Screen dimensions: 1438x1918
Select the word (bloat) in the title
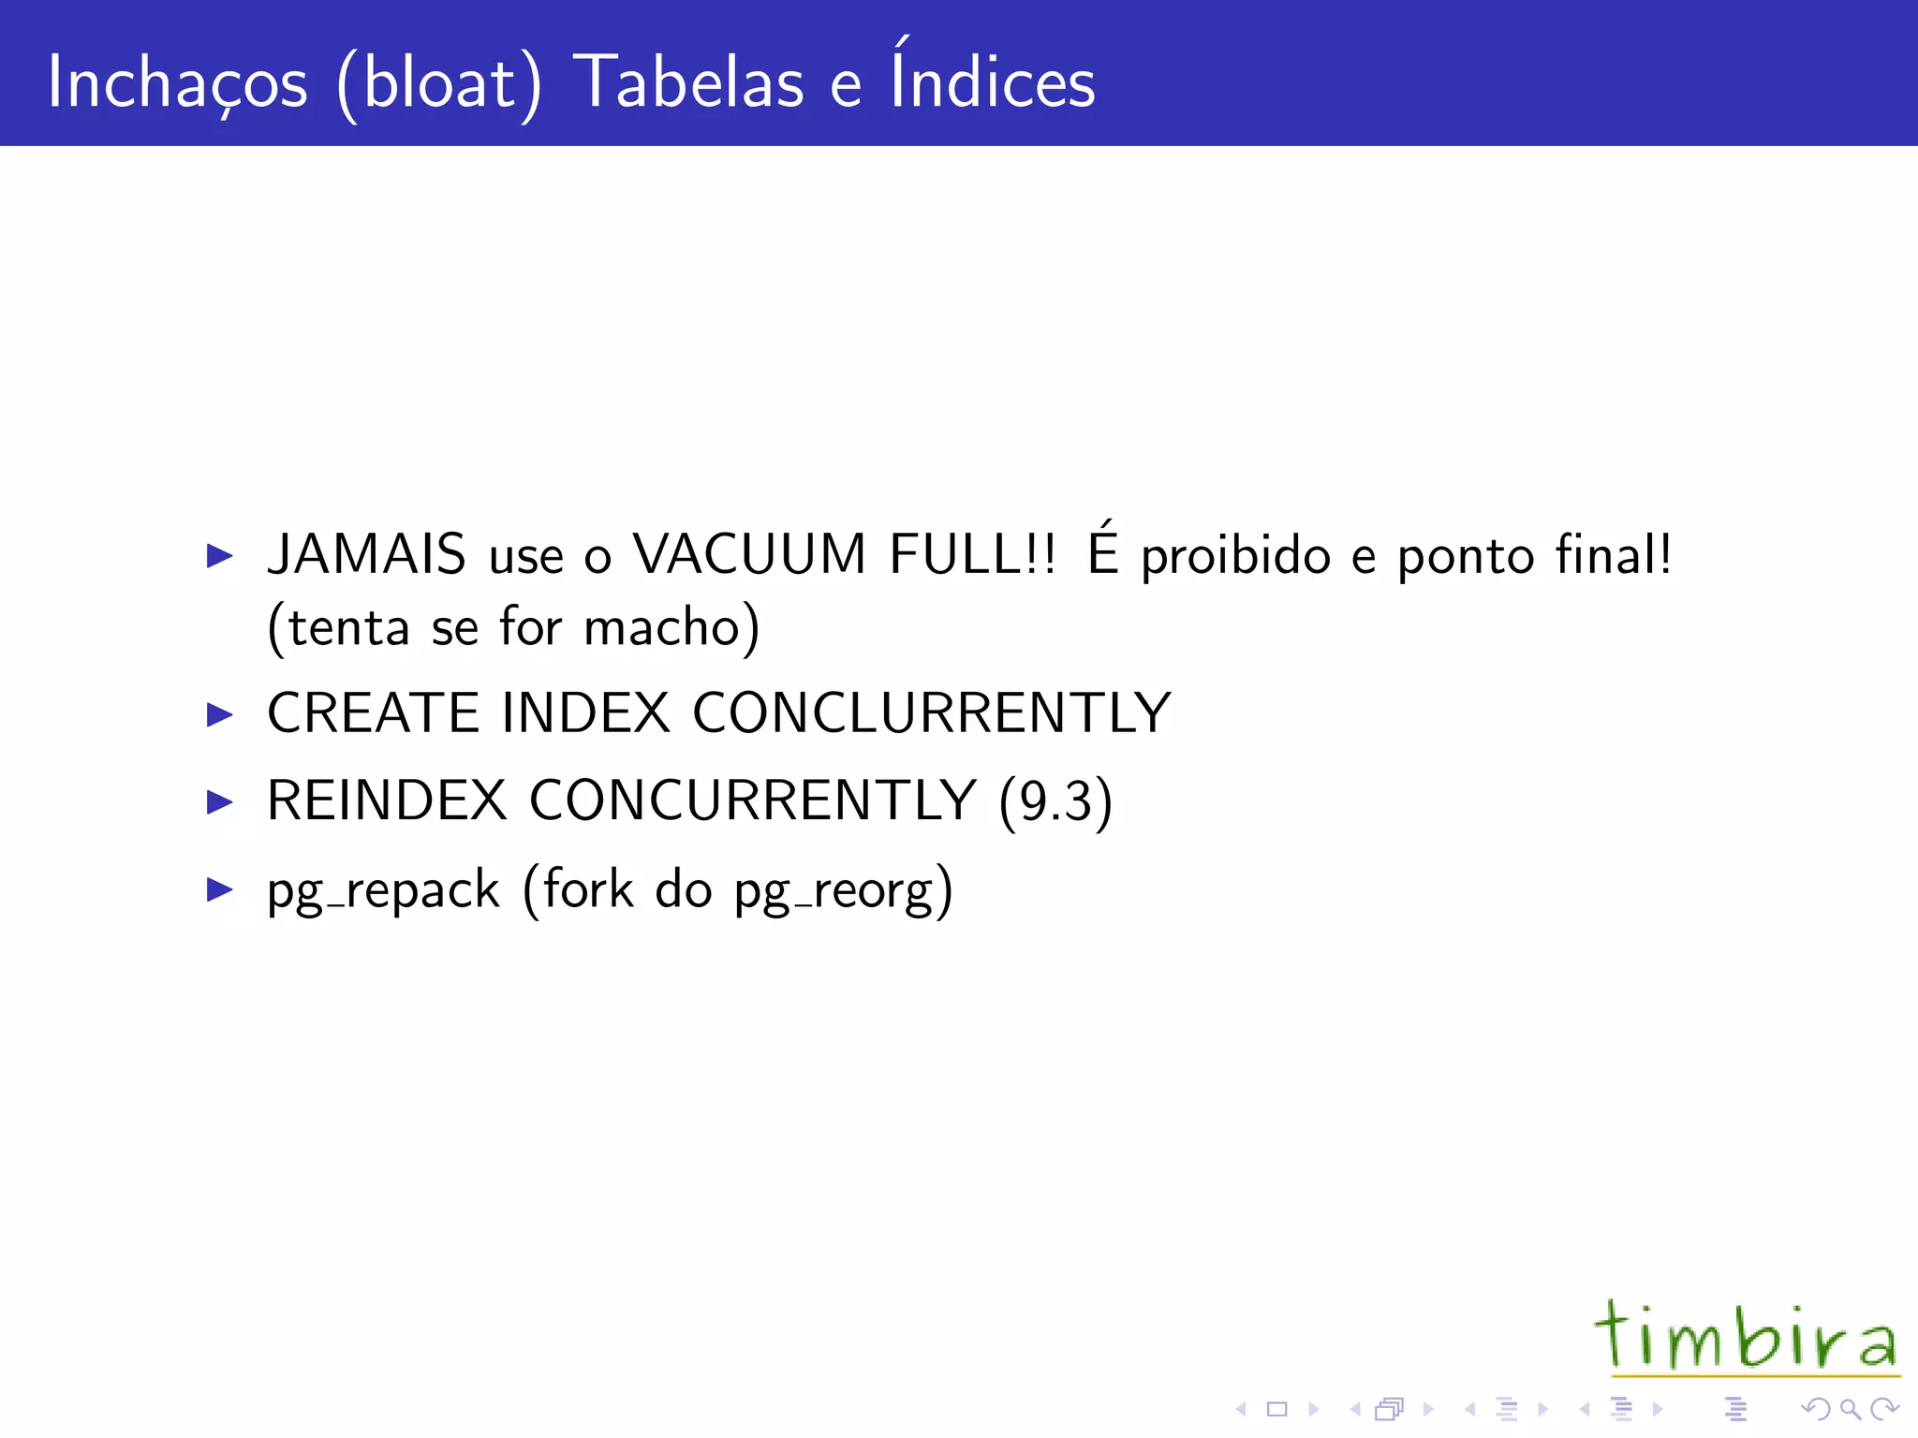tap(439, 84)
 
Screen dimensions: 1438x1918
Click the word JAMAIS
tap(366, 553)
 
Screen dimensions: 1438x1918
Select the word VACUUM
tap(749, 553)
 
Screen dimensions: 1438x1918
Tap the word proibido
tap(1235, 557)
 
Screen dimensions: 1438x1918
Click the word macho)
tap(671, 627)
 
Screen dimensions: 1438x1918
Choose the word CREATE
tap(374, 713)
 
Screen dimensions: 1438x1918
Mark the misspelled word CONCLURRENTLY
tap(932, 713)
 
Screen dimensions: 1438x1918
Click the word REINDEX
tap(387, 801)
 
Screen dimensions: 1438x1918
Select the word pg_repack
tap(383, 890)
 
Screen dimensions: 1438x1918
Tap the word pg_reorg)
tap(843, 890)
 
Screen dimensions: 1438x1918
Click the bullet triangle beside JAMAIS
tap(219, 556)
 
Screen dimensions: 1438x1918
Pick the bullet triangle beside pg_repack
tap(219, 889)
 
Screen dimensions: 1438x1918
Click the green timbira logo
tap(1747, 1338)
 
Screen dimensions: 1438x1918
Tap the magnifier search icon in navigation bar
tap(1850, 1409)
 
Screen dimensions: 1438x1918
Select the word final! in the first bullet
tap(1614, 553)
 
